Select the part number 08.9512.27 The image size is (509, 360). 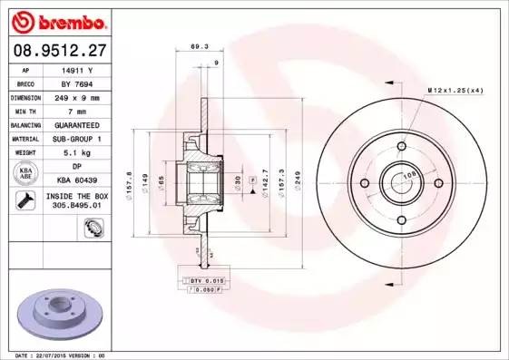point(57,53)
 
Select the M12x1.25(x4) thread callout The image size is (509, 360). point(454,90)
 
